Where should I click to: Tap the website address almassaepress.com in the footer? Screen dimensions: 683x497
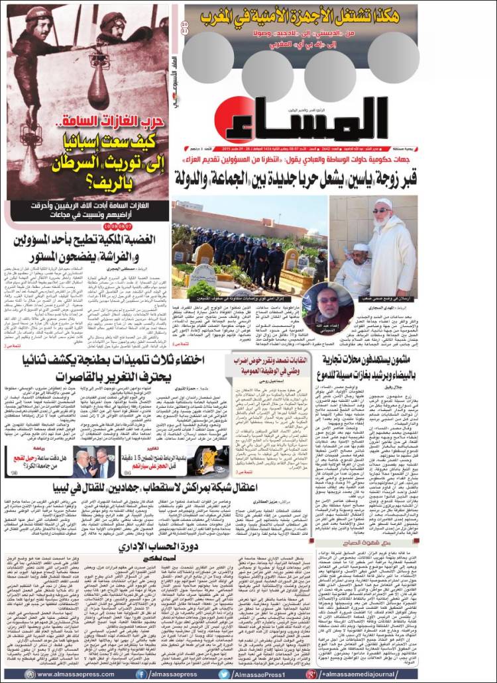tap(73, 674)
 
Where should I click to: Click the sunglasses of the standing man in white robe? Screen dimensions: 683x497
tap(382, 211)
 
